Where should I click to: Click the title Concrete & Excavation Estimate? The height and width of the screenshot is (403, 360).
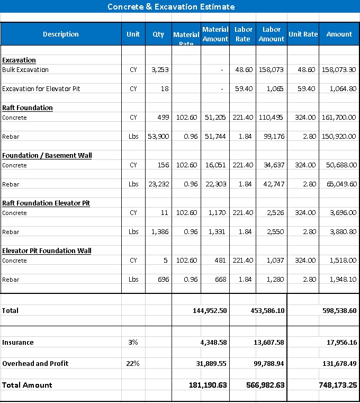pyautogui.click(x=171, y=7)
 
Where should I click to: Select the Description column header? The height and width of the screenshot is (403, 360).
pyautogui.click(x=60, y=34)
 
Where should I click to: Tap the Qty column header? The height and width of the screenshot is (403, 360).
pyautogui.click(x=158, y=34)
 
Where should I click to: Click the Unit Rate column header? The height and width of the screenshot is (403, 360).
pyautogui.click(x=303, y=34)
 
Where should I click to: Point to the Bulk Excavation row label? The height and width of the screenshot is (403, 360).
pyautogui.click(x=25, y=70)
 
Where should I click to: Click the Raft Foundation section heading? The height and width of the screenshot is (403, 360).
pyautogui.click(x=28, y=108)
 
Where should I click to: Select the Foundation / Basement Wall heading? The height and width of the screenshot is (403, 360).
pyautogui.click(x=47, y=156)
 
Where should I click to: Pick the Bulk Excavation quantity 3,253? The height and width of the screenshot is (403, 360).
pyautogui.click(x=160, y=70)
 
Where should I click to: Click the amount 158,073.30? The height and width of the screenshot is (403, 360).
pyautogui.click(x=339, y=70)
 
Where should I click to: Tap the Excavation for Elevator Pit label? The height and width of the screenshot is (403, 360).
pyautogui.click(x=41, y=89)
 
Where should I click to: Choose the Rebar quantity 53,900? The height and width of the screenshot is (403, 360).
pyautogui.click(x=158, y=137)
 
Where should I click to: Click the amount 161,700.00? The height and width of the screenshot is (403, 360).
pyautogui.click(x=339, y=118)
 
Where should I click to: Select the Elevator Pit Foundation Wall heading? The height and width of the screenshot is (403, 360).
pyautogui.click(x=47, y=251)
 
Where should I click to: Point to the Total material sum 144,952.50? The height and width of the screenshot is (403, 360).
pyautogui.click(x=210, y=311)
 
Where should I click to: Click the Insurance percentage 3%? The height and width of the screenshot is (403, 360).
pyautogui.click(x=133, y=343)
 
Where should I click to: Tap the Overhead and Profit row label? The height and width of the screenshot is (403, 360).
pyautogui.click(x=35, y=364)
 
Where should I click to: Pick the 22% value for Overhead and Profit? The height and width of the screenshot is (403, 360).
pyautogui.click(x=133, y=364)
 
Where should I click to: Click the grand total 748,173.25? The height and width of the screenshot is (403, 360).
pyautogui.click(x=338, y=385)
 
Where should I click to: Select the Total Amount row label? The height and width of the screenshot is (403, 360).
pyautogui.click(x=27, y=385)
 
